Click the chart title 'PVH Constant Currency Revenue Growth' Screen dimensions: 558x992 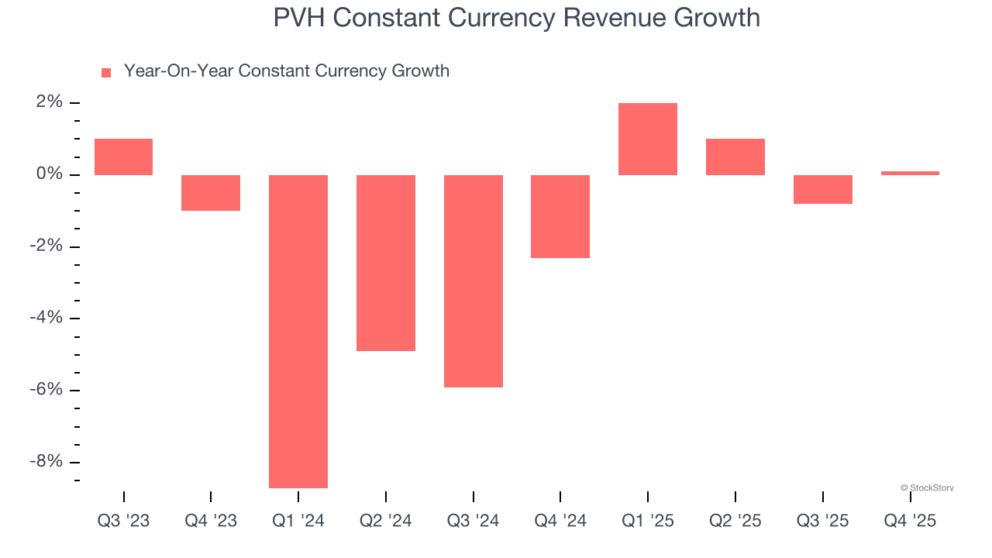coord(517,17)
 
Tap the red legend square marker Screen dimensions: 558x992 coord(106,72)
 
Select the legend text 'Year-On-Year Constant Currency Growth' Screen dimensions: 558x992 coord(286,71)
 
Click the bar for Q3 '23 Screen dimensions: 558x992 coord(123,157)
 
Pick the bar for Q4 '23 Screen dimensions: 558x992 coord(211,193)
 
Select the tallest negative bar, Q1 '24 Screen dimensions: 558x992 coord(298,331)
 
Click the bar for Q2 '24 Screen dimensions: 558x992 coord(386,263)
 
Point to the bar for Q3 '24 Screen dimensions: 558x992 coord(474,281)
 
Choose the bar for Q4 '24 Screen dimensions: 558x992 coord(560,216)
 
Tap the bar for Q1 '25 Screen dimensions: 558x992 coord(648,139)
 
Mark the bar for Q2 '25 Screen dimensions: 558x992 coord(735,157)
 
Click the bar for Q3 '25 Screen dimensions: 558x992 coord(823,189)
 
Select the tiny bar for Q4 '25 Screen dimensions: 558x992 coord(910,173)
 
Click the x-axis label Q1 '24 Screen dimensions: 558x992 coord(298,521)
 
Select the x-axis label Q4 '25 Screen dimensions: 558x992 coord(910,521)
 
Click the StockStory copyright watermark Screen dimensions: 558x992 coord(927,487)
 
